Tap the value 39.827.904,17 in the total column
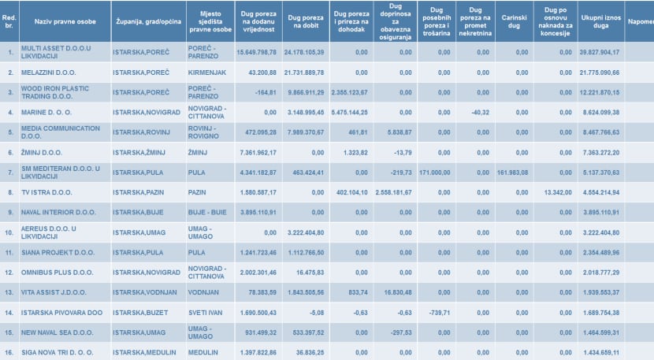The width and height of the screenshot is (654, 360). point(598,52)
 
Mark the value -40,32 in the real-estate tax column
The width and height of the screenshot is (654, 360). point(476,113)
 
